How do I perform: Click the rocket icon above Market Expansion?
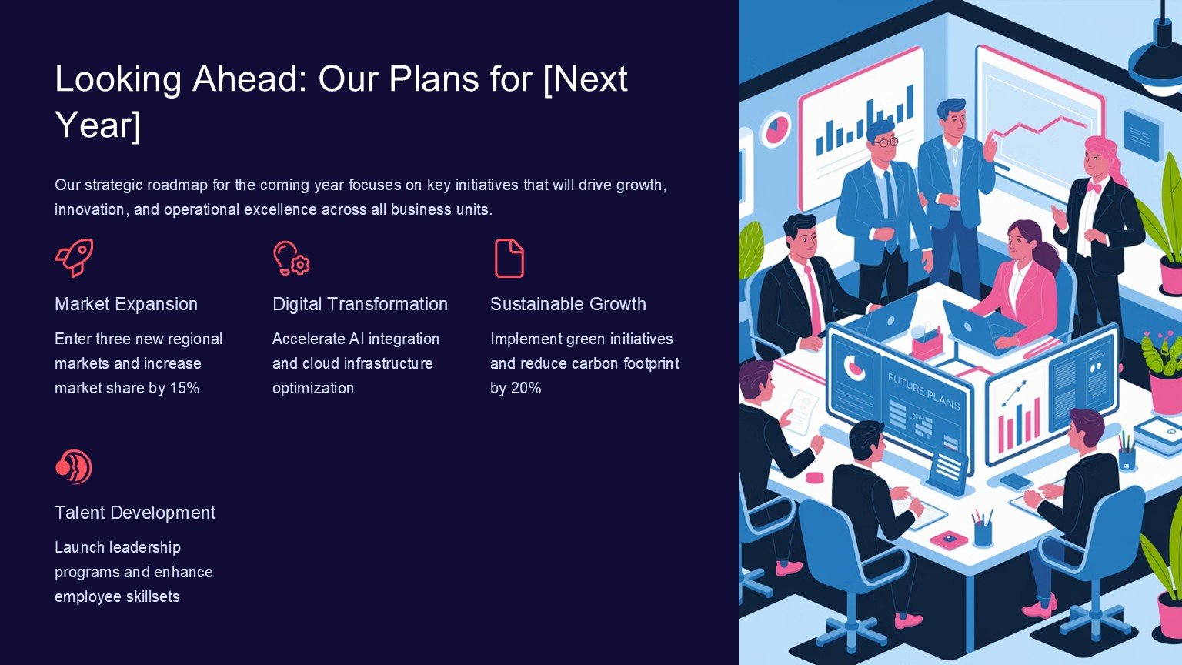pyautogui.click(x=75, y=258)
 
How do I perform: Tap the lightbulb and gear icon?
pyautogui.click(x=292, y=258)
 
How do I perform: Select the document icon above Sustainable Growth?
pyautogui.click(x=509, y=258)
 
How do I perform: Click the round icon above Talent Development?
pyautogui.click(x=74, y=466)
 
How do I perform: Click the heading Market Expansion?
pyautogui.click(x=126, y=304)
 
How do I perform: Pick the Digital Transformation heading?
pyautogui.click(x=360, y=304)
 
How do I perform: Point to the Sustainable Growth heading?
pyautogui.click(x=568, y=304)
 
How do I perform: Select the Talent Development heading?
pyautogui.click(x=135, y=513)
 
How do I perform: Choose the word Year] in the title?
pyautogui.click(x=98, y=125)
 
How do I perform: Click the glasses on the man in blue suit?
pyautogui.click(x=886, y=142)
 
